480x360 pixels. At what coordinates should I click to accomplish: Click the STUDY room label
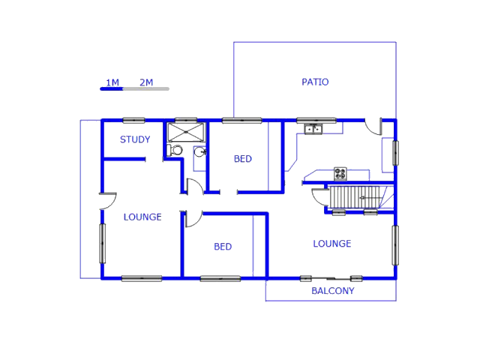click(135, 139)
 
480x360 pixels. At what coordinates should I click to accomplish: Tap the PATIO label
click(315, 82)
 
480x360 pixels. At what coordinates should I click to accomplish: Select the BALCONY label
click(332, 291)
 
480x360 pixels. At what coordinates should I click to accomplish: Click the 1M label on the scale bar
click(112, 82)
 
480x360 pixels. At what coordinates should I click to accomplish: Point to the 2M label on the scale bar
click(146, 82)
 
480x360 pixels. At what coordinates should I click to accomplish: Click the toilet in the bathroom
click(174, 150)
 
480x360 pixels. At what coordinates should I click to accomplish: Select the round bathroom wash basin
click(199, 152)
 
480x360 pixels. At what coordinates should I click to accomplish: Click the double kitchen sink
click(313, 130)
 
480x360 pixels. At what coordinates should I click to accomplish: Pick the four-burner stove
click(340, 173)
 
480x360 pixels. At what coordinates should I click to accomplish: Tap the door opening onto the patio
click(374, 126)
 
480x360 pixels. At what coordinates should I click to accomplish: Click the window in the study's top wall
click(133, 120)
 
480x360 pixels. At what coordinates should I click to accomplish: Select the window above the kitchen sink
click(316, 120)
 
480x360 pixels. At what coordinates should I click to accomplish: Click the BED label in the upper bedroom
click(242, 159)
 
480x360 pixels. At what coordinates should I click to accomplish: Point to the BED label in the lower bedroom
click(223, 247)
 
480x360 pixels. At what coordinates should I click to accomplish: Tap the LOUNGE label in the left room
click(142, 217)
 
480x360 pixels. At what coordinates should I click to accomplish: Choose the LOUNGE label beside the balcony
click(332, 244)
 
